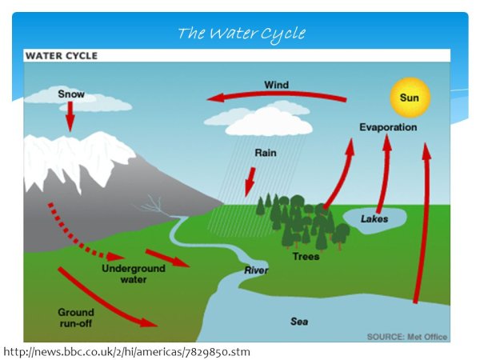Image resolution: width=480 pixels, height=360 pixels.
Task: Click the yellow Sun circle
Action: [410, 98]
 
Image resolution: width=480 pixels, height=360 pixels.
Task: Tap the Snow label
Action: [71, 94]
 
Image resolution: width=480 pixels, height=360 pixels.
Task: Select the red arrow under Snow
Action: [70, 118]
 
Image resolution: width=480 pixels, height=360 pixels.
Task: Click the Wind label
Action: [276, 85]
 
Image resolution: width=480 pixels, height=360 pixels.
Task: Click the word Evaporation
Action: [387, 127]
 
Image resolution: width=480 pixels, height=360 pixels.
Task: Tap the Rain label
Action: [266, 152]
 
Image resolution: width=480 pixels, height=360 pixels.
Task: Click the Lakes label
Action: [374, 218]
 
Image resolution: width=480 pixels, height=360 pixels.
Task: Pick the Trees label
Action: [306, 256]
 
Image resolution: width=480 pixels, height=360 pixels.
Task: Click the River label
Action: [256, 270]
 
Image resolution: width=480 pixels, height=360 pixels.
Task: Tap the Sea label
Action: [298, 322]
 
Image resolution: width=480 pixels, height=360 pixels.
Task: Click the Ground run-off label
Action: [76, 318]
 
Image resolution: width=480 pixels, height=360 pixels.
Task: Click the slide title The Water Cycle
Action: [241, 33]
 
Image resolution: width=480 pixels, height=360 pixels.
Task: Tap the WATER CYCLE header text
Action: [62, 56]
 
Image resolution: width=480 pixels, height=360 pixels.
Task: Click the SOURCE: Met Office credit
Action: [406, 337]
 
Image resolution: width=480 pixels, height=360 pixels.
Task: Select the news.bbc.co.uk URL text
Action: [127, 351]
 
